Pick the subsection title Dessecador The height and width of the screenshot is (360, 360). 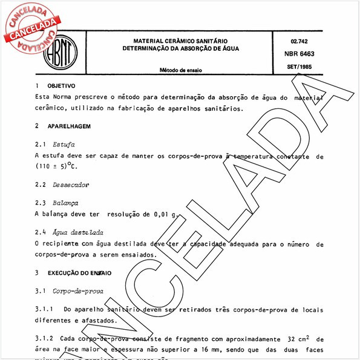point(72,183)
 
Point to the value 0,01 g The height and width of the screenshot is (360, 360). point(165,214)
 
